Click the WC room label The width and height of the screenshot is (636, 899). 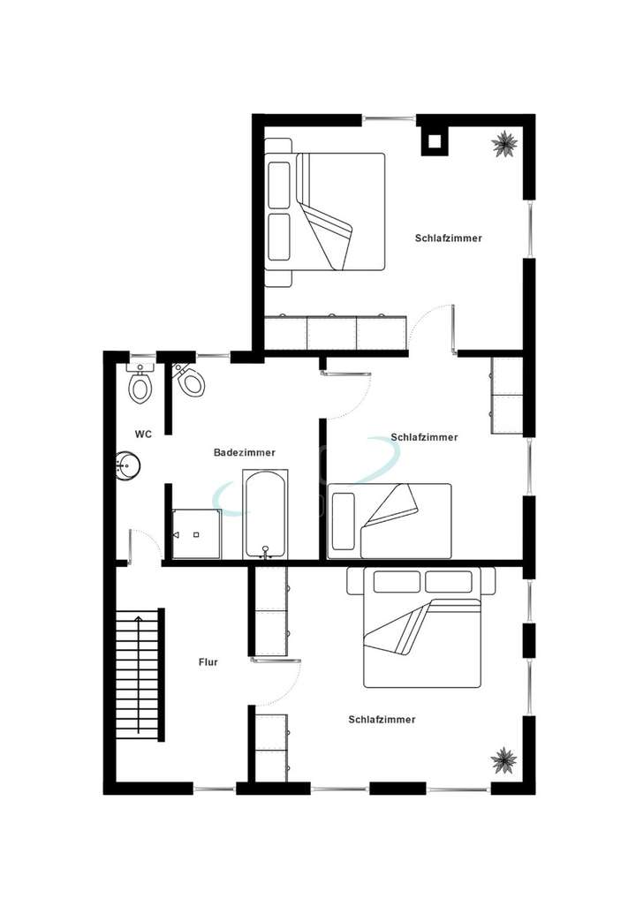pos(144,434)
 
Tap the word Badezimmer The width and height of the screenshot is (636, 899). pos(245,452)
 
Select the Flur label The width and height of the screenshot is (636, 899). pos(208,661)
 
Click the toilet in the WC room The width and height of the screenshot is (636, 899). pos(140,385)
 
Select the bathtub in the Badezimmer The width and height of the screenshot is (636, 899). pos(264,513)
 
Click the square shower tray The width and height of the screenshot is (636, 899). pos(196,533)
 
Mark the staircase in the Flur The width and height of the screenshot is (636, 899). pos(140,674)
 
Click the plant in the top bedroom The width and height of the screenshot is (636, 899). pos(505,143)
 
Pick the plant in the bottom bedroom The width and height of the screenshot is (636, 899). pos(504,759)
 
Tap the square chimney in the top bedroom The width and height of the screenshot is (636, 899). pos(434,141)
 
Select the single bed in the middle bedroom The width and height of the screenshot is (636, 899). pos(389,520)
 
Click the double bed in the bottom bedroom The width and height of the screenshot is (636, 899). pos(423,627)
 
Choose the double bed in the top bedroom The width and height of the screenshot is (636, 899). pos(327,212)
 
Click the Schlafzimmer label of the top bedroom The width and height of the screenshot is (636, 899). pos(449,238)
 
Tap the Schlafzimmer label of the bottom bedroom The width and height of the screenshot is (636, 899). pos(382,720)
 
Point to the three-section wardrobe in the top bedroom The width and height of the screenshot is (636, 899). pos(335,332)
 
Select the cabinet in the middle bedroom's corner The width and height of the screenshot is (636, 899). pos(506,396)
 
